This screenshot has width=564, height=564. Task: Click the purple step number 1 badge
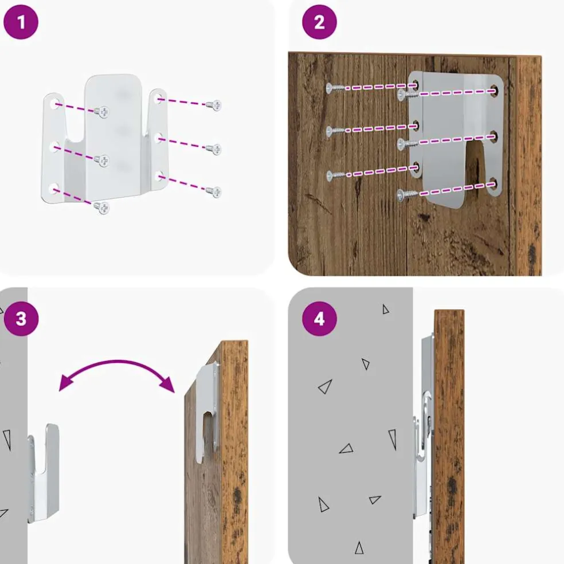pyautogui.click(x=21, y=22)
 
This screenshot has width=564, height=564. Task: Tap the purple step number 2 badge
pyautogui.click(x=319, y=22)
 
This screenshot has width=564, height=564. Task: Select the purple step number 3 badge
pyautogui.click(x=21, y=319)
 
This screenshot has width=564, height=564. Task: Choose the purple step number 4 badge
pyautogui.click(x=319, y=319)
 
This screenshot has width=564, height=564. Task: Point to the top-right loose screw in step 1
pyautogui.click(x=214, y=105)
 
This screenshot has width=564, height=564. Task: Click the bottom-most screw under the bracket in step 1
pyautogui.click(x=102, y=207)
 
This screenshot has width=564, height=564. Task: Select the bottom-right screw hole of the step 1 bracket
pyautogui.click(x=160, y=177)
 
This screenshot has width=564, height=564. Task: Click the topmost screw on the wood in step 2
pyautogui.click(x=335, y=87)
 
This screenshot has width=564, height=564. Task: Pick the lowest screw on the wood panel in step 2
pyautogui.click(x=407, y=195)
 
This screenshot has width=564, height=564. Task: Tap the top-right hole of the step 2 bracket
pyautogui.click(x=494, y=89)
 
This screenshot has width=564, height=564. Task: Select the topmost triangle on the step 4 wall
pyautogui.click(x=386, y=310)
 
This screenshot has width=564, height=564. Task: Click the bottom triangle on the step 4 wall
pyautogui.click(x=359, y=548)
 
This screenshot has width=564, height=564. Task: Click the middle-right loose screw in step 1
pyautogui.click(x=214, y=148)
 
